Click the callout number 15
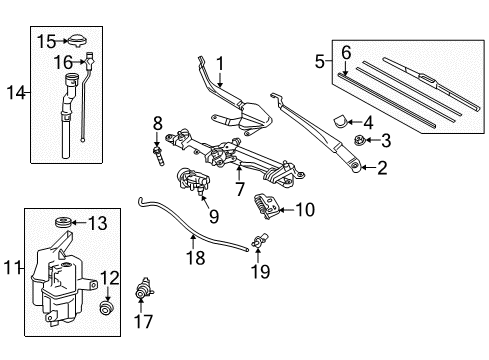46,41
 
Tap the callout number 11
12,267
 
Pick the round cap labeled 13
62,223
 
